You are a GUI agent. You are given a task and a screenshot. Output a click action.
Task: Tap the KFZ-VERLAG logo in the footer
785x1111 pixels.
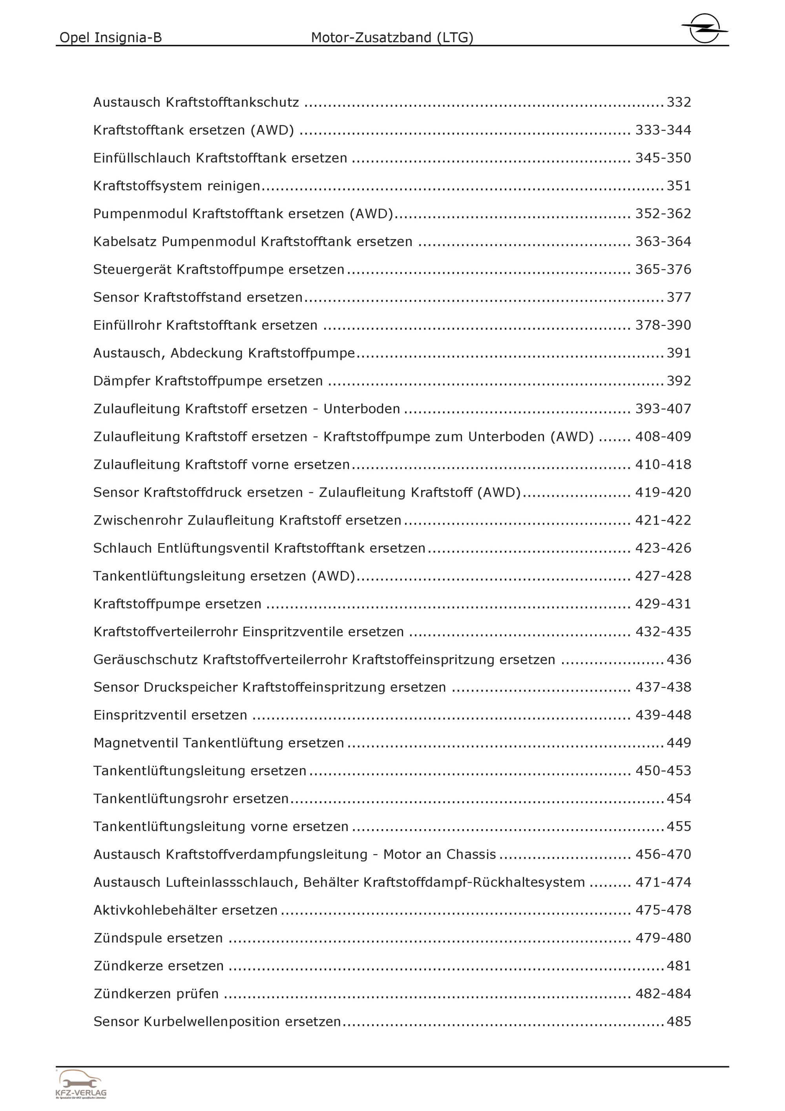[x=80, y=1084]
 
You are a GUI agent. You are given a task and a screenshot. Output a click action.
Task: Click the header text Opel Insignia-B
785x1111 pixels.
[x=110, y=37]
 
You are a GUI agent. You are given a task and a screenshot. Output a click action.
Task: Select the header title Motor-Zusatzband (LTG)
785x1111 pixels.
[x=392, y=37]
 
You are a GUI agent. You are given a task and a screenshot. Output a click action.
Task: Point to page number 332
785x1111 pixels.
[x=679, y=102]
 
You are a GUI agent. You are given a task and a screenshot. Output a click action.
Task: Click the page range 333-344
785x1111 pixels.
[x=663, y=130]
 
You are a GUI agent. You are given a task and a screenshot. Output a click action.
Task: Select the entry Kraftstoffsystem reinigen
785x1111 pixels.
[x=177, y=186]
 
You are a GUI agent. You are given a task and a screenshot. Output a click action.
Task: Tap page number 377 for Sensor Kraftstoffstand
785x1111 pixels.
[x=679, y=297]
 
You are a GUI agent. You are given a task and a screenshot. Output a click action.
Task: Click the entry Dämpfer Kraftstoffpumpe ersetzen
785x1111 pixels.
[x=208, y=381]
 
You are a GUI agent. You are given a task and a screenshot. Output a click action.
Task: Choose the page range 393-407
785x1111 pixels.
[x=663, y=409]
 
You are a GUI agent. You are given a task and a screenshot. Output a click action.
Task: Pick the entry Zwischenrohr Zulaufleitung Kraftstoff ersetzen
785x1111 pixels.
[x=247, y=520]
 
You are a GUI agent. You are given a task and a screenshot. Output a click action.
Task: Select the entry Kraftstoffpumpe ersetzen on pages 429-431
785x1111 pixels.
[x=177, y=604]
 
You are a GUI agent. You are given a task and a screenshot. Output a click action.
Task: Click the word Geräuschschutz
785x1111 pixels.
[x=146, y=660]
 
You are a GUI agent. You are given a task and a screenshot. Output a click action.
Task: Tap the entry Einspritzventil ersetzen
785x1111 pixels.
[x=170, y=715]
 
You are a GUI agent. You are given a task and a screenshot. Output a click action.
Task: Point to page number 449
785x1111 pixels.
[x=679, y=743]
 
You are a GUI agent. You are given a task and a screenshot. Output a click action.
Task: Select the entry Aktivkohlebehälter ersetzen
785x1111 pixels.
[x=185, y=910]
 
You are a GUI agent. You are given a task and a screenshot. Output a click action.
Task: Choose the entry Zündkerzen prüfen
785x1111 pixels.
[x=156, y=994]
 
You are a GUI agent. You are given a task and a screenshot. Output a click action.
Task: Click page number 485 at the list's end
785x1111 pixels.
[x=679, y=1021]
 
